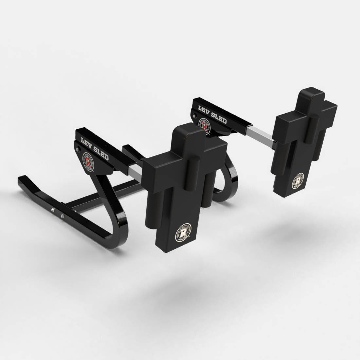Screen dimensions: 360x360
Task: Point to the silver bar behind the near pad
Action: click(x=135, y=171)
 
